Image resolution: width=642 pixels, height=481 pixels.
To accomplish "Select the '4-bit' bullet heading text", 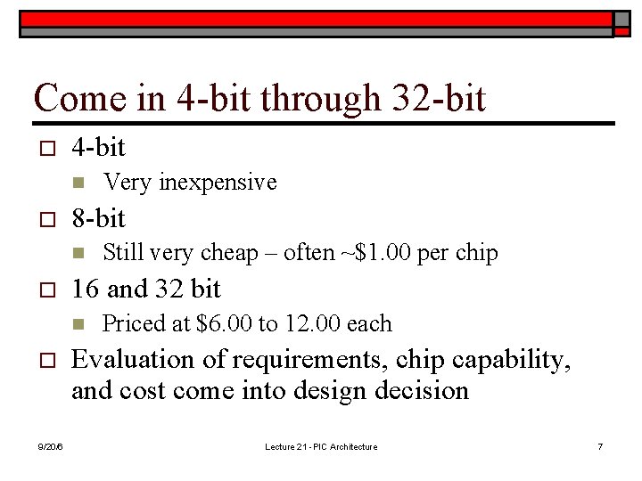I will [x=98, y=147].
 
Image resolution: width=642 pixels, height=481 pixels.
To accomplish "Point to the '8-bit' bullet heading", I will [x=98, y=217].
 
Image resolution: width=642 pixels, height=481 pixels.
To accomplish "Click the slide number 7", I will [x=600, y=446].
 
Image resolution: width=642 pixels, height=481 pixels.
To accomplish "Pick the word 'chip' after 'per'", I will [x=477, y=253].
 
